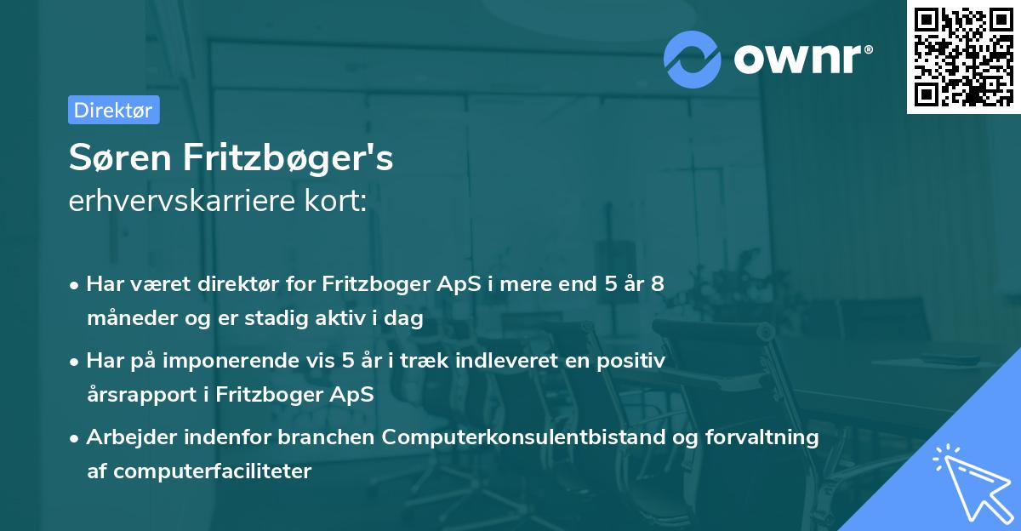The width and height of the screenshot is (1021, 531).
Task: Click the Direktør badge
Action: coord(113,110)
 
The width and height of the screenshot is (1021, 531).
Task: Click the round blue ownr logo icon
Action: coord(693,58)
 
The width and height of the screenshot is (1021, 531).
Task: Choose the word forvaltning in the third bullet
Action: coord(768,437)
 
